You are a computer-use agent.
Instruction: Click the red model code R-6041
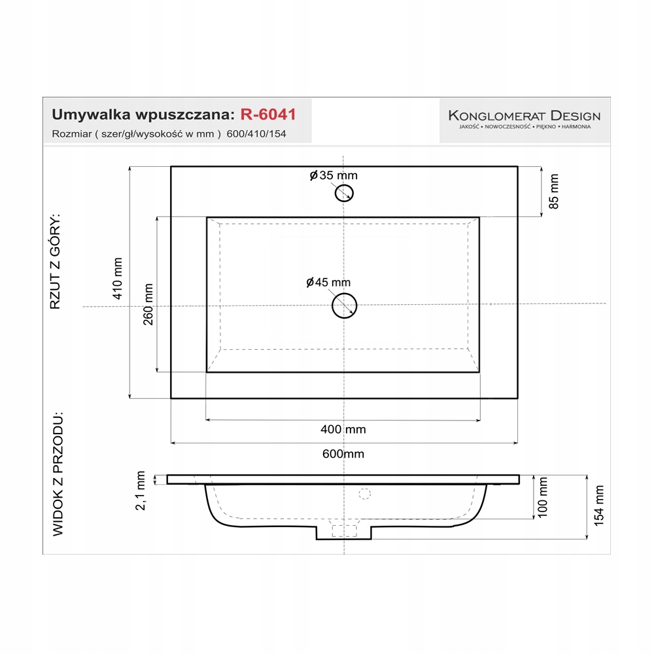(268, 114)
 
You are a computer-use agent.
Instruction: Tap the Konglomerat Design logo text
(524, 116)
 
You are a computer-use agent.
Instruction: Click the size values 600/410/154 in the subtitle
(256, 134)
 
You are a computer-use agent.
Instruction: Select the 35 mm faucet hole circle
(344, 192)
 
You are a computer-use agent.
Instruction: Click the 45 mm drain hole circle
(345, 305)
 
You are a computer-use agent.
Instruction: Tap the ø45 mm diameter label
(328, 283)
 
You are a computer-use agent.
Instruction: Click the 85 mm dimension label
(554, 191)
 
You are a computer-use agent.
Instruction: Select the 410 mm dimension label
(118, 279)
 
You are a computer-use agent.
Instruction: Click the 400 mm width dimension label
(343, 430)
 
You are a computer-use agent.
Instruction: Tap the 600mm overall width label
(343, 454)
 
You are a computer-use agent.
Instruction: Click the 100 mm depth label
(542, 498)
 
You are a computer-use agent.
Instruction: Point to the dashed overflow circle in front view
(365, 494)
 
